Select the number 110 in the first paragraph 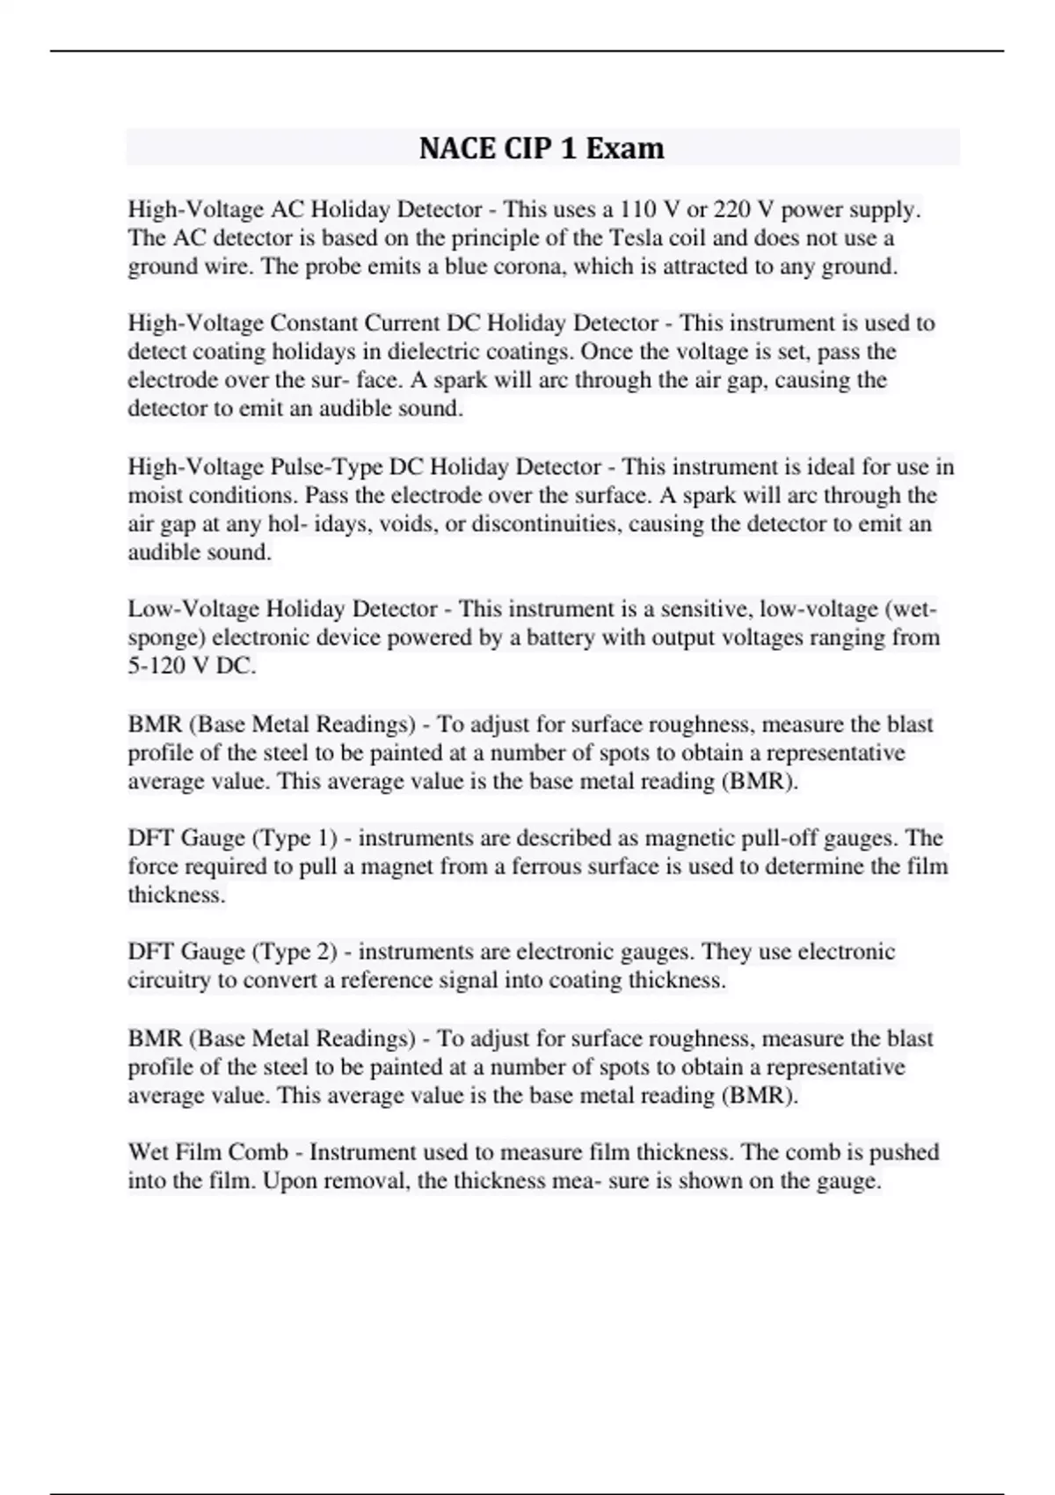pyautogui.click(x=637, y=209)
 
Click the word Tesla pyautogui.click(x=637, y=237)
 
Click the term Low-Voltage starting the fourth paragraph pyautogui.click(x=193, y=609)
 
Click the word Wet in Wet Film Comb pyautogui.click(x=149, y=1152)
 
